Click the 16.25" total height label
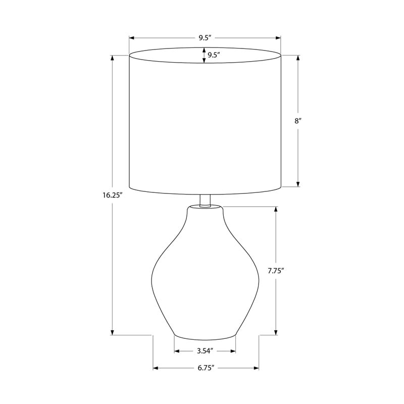[112, 195]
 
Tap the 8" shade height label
[298, 121]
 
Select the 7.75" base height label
[276, 271]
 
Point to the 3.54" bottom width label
[205, 351]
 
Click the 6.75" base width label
[206, 368]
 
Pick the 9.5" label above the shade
[205, 38]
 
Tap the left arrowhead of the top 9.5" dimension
[132, 38]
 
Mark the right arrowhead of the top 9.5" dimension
[278, 38]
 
